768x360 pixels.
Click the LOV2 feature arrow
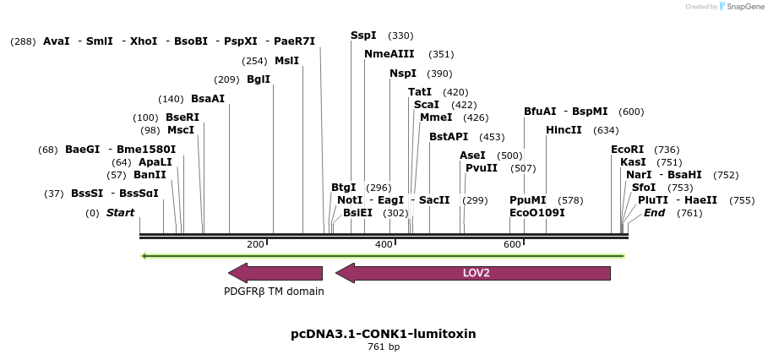pos(473,273)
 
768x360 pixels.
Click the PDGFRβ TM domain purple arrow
pos(275,273)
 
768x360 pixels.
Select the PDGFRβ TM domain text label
pos(274,292)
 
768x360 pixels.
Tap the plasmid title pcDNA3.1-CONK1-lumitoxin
pos(383,334)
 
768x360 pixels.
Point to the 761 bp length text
pos(384,347)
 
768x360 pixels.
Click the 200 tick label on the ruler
pos(255,244)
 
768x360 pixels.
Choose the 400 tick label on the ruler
pos(384,244)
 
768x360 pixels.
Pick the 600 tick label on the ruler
pos(512,244)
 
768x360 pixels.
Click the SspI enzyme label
pos(363,35)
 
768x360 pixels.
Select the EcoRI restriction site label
pos(627,150)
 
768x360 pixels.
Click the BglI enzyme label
pos(259,79)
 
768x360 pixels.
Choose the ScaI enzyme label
pos(427,105)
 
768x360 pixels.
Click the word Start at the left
pos(120,213)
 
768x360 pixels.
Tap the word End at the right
pos(654,213)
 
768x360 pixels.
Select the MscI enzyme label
pos(181,130)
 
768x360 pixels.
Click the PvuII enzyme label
pos(482,168)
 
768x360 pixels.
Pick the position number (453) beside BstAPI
pos(492,137)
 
